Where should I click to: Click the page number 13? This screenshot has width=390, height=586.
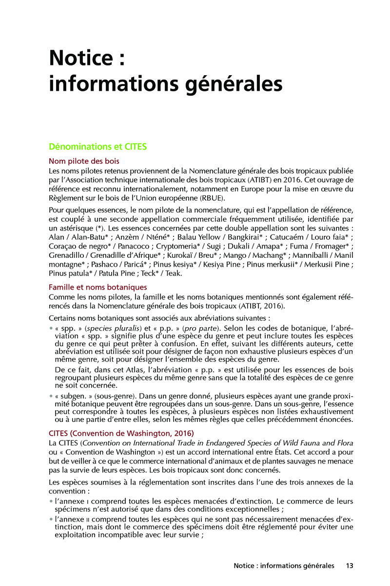click(x=349, y=565)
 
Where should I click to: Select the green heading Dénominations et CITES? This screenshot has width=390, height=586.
click(x=97, y=146)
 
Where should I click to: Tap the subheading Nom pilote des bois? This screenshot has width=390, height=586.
click(x=84, y=161)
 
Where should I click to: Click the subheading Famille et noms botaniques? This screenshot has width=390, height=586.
click(x=98, y=287)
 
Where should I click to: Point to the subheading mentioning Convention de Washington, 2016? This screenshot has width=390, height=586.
click(x=121, y=433)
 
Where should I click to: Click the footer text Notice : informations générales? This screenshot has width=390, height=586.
click(x=284, y=565)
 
